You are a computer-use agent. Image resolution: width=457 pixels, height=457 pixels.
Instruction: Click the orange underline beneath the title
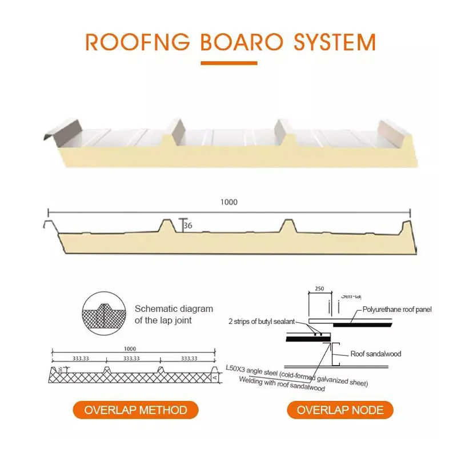(228, 63)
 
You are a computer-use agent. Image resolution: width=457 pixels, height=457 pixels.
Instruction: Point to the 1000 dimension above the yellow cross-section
(228, 202)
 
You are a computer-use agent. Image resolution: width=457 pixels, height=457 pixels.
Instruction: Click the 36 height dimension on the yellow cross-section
(188, 226)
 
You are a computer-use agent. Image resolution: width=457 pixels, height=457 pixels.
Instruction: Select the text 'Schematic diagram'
(174, 309)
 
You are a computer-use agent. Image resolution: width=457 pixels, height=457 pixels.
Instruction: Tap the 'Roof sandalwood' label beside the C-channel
(375, 354)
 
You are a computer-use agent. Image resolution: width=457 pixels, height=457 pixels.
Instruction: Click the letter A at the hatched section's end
(214, 377)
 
